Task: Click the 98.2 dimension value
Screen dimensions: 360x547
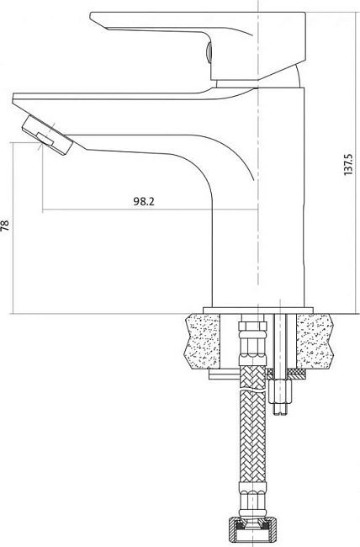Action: pyautogui.click(x=143, y=201)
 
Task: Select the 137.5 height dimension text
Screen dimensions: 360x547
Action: pyautogui.click(x=348, y=164)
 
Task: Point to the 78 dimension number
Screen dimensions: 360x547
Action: pyautogui.click(x=5, y=226)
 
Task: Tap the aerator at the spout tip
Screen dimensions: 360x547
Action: pyautogui.click(x=47, y=135)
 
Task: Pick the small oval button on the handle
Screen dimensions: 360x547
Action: pyautogui.click(x=209, y=52)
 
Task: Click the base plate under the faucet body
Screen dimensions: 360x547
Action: pyautogui.click(x=258, y=311)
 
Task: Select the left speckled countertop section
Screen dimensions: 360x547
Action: pyautogui.click(x=202, y=341)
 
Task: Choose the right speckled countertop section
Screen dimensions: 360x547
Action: pyautogui.click(x=315, y=341)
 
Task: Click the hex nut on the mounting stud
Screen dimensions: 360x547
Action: pyautogui.click(x=280, y=391)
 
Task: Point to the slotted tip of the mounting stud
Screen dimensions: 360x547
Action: pyautogui.click(x=280, y=409)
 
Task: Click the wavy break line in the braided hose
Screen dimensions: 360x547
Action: pyautogui.click(x=252, y=390)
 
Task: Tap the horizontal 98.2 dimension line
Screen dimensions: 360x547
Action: pyautogui.click(x=150, y=210)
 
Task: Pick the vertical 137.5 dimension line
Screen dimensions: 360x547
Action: pyautogui.click(x=354, y=162)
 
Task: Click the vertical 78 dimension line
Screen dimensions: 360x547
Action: pyautogui.click(x=13, y=228)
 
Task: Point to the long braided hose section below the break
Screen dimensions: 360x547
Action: pyautogui.click(x=252, y=437)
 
